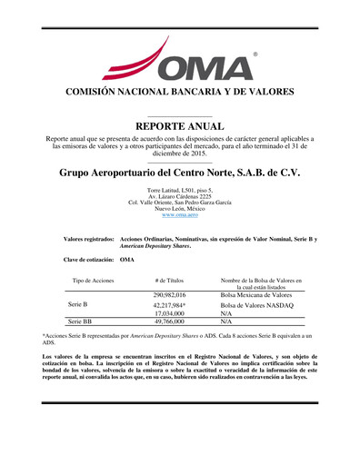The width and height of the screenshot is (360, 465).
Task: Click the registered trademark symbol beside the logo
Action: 255,54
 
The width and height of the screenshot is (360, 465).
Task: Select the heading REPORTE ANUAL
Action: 180,125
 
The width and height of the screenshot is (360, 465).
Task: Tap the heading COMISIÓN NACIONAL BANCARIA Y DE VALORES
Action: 180,93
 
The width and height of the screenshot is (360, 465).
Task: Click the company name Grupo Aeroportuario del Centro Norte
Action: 180,173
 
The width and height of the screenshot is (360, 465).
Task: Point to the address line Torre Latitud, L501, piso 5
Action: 180,190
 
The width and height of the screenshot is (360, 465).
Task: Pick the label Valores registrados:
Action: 89,239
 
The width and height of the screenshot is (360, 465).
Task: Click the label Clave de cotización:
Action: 89,260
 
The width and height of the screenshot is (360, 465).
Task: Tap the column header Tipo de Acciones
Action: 93,282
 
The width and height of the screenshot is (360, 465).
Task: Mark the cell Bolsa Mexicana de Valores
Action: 256,296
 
